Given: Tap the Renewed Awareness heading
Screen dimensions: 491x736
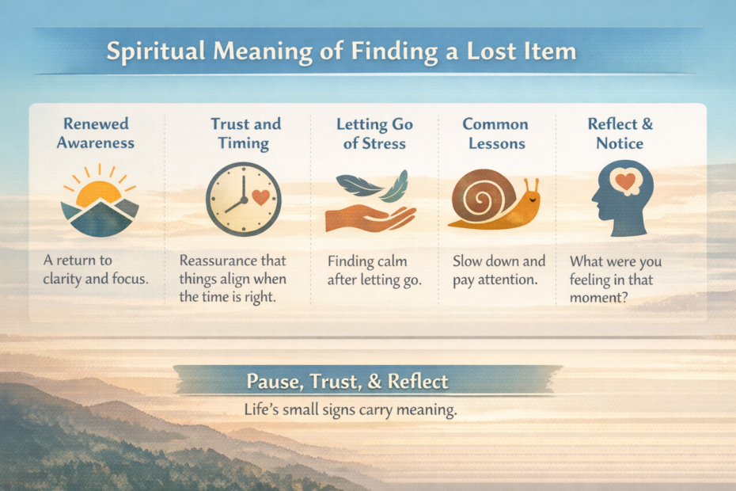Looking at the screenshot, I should [x=98, y=134].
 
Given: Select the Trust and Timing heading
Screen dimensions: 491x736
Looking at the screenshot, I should [x=245, y=134].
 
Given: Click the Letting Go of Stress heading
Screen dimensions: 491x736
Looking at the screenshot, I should [x=374, y=134].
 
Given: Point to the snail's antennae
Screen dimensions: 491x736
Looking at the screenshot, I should [x=534, y=185].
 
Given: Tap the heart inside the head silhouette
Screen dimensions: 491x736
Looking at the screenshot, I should [x=627, y=181].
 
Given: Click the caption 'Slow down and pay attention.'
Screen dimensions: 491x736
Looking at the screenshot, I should [x=499, y=269].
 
